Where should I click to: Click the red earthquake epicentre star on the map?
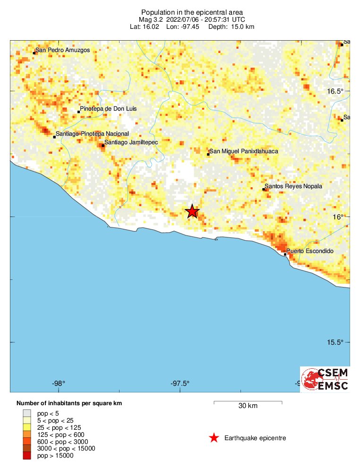tap(192, 211)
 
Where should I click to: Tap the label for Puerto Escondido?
tap(310, 251)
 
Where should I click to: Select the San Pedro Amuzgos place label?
tap(62, 50)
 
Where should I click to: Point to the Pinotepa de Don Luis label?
tap(108, 109)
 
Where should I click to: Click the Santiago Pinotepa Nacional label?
tap(92, 134)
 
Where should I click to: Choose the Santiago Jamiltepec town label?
tap(131, 142)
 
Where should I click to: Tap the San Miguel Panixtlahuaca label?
tap(244, 151)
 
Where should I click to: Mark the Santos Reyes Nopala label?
tap(293, 186)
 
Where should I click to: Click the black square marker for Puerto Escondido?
tap(285, 254)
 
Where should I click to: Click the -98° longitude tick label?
tap(59, 383)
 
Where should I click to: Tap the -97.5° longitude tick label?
tap(180, 383)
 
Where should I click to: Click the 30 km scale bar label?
tap(248, 406)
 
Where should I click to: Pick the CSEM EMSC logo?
tap(326, 379)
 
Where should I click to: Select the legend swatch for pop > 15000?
tap(26, 455)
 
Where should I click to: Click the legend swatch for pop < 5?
tap(26, 413)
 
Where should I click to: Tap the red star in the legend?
tap(214, 438)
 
